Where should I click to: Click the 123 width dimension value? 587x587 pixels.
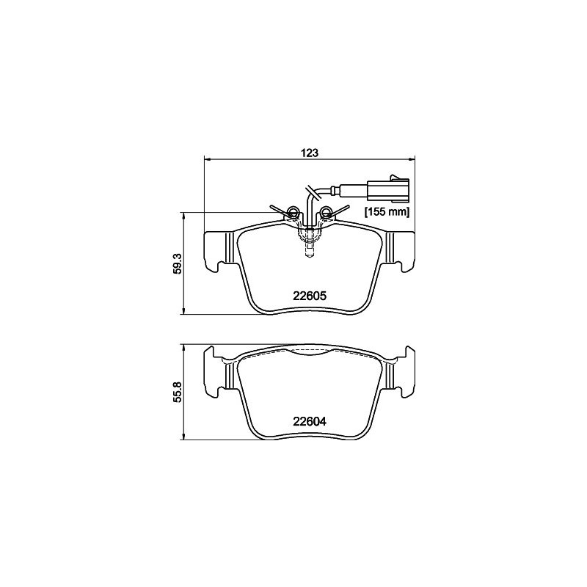pyautogui.click(x=310, y=153)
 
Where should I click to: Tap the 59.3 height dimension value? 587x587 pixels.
pyautogui.click(x=177, y=263)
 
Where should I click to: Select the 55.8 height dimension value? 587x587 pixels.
pyautogui.click(x=177, y=392)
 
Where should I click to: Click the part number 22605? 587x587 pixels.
pyautogui.click(x=310, y=296)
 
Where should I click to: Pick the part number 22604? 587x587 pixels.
pyautogui.click(x=310, y=421)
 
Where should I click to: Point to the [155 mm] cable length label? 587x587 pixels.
pyautogui.click(x=387, y=212)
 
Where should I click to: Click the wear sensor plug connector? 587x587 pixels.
pyautogui.click(x=388, y=189)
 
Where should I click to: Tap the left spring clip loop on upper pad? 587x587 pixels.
pyautogui.click(x=293, y=213)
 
